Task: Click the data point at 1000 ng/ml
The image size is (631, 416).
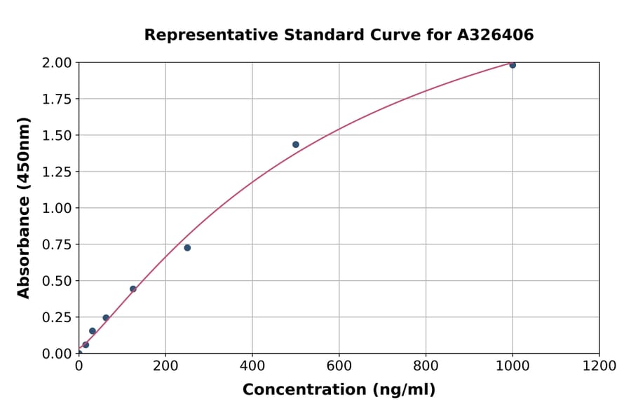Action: [513, 65]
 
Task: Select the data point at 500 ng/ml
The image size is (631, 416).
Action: [296, 145]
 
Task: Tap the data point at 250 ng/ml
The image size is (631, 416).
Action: [187, 248]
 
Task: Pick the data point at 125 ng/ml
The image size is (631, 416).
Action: [133, 289]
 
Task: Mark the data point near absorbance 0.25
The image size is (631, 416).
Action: [106, 318]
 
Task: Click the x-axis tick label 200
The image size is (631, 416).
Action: [165, 366]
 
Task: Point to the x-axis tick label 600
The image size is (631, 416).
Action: [339, 366]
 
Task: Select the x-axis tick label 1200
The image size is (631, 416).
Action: [599, 366]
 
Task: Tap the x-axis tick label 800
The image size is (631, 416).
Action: [426, 366]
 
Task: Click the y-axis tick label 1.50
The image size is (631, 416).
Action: [57, 135]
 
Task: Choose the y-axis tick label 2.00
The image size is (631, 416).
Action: [57, 63]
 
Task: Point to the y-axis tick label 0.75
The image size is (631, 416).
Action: [57, 244]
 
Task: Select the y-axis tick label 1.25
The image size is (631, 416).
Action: [57, 172]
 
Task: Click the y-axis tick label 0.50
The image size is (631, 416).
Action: [57, 281]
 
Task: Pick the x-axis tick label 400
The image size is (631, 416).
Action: [252, 366]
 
